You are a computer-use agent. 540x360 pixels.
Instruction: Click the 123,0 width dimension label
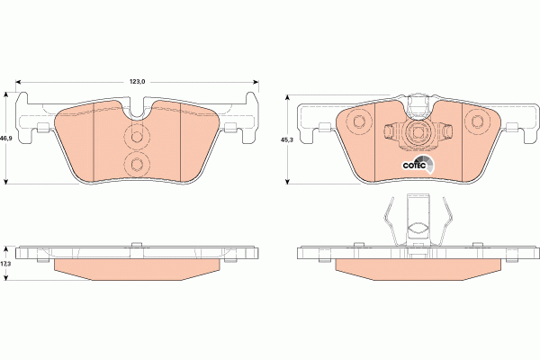point(137,82)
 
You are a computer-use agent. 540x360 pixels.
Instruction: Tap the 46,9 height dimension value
point(6,138)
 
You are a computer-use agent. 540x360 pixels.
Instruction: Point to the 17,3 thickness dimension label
point(6,262)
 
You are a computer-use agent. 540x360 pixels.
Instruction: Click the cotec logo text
point(412,164)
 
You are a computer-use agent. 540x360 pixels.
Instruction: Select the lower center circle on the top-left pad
point(137,164)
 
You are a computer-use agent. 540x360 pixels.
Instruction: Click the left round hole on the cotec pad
point(357,121)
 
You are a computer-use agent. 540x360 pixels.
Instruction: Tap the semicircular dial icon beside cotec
point(430,163)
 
